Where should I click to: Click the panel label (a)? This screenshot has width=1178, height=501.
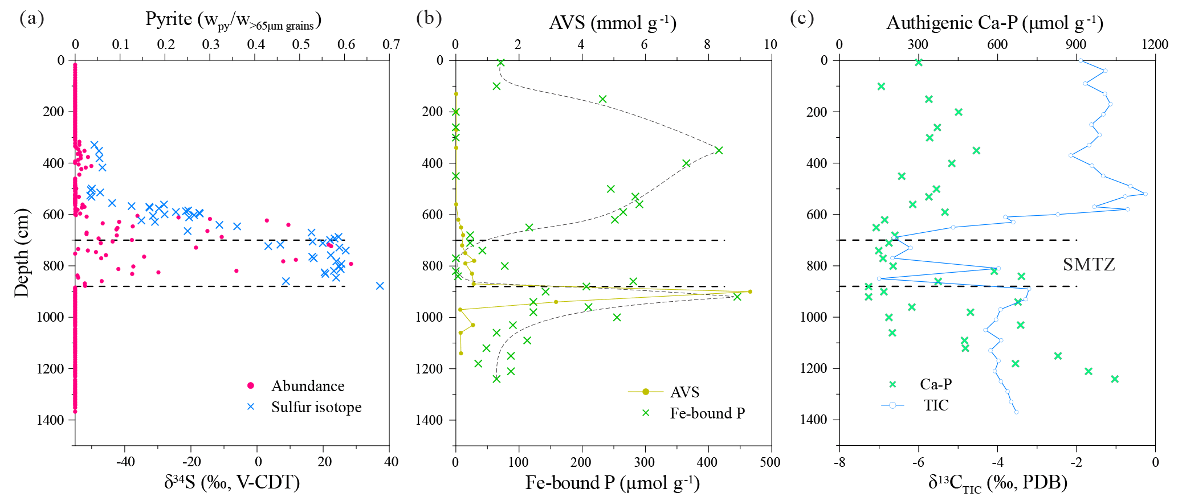pyautogui.click(x=31, y=18)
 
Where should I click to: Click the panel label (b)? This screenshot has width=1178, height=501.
pyautogui.click(x=429, y=18)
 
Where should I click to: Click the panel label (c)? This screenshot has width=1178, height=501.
pyautogui.click(x=802, y=18)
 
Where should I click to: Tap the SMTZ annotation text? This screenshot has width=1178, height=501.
pyautogui.click(x=1089, y=264)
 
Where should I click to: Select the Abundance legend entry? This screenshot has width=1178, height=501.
pyautogui.click(x=307, y=386)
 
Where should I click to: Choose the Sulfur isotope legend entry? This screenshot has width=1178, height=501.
pyautogui.click(x=316, y=407)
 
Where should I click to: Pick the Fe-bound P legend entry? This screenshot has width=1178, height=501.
pyautogui.click(x=707, y=413)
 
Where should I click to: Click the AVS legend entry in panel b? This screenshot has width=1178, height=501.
pyautogui.click(x=684, y=392)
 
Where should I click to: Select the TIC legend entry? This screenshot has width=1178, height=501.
pyautogui.click(x=936, y=405)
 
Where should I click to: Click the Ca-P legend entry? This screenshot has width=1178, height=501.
pyautogui.click(x=935, y=384)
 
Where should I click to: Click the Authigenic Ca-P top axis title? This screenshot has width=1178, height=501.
pyautogui.click(x=994, y=23)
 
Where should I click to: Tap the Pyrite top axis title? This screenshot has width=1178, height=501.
pyautogui.click(x=233, y=20)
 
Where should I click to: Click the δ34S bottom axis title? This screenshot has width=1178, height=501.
pyautogui.click(x=232, y=483)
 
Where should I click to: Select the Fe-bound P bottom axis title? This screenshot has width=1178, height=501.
pyautogui.click(x=612, y=483)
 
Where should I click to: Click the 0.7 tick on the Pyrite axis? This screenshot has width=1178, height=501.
pyautogui.click(x=391, y=44)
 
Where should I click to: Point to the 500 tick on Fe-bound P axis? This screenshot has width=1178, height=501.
pyautogui.click(x=770, y=462)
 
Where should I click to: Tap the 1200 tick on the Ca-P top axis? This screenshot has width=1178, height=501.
pyautogui.click(x=1155, y=44)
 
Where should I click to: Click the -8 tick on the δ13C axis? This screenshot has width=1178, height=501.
pyautogui.click(x=839, y=462)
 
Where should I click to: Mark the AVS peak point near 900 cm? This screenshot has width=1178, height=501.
pyautogui.click(x=750, y=291)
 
